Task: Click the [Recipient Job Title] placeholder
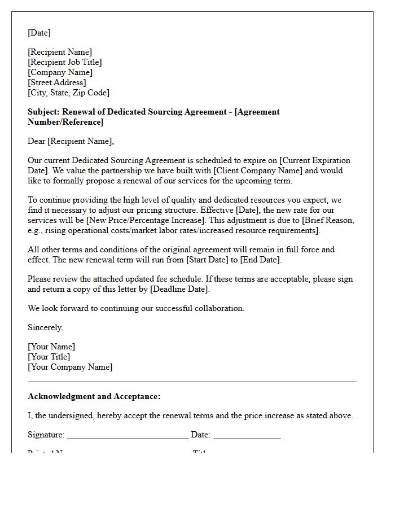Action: click(65, 62)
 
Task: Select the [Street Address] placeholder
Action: click(57, 82)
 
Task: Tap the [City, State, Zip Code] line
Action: click(68, 93)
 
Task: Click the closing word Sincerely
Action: click(45, 327)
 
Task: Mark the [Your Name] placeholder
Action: click(51, 347)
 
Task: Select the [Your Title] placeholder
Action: click(49, 357)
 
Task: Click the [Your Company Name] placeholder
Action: click(70, 367)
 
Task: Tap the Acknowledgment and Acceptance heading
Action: click(94, 396)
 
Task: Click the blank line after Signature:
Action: click(128, 436)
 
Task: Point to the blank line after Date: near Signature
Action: click(247, 436)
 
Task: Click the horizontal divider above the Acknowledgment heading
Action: click(192, 382)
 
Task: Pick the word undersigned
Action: click(73, 415)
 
